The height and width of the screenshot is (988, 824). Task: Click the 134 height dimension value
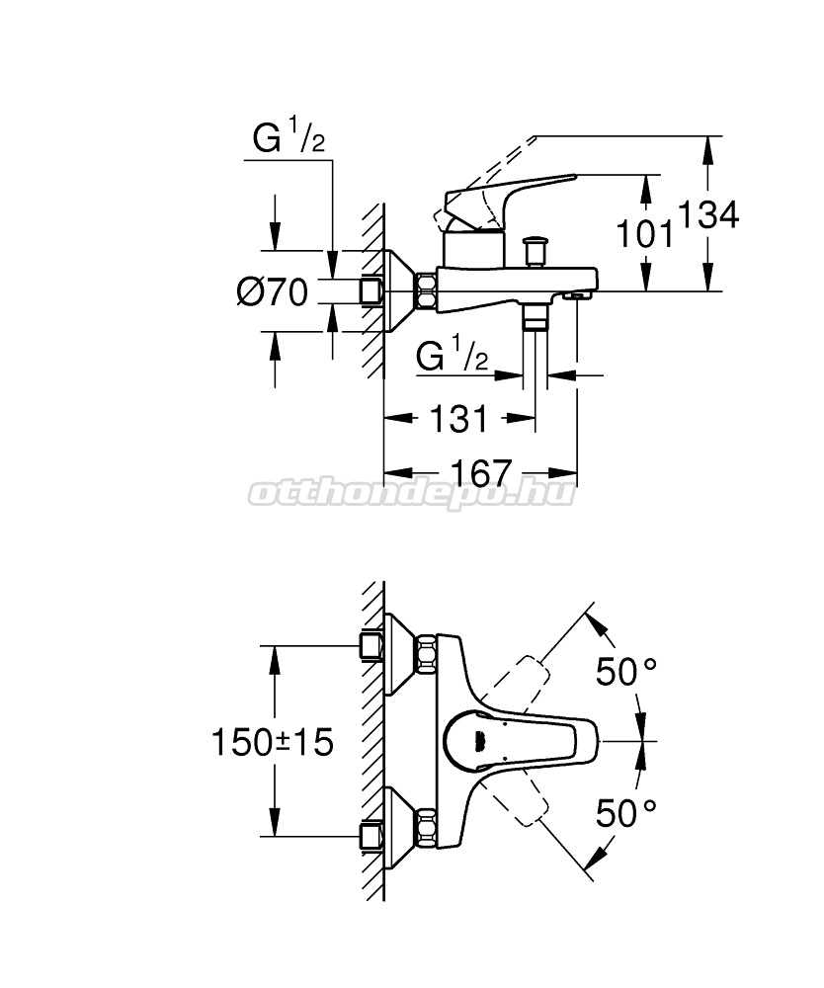707,215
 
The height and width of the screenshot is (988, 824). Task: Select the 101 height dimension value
644,234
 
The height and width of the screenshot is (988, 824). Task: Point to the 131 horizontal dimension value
458,419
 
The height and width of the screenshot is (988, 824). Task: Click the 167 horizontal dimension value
481,473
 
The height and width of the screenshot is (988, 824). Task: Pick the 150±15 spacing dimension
272,742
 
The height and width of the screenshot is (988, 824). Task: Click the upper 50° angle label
626,671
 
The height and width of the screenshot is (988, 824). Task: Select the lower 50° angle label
626,813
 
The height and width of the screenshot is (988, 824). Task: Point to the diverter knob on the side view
536,251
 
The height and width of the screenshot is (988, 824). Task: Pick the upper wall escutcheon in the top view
399,654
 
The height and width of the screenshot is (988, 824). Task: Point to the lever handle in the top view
520,742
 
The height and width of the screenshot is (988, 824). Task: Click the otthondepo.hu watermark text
412,493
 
